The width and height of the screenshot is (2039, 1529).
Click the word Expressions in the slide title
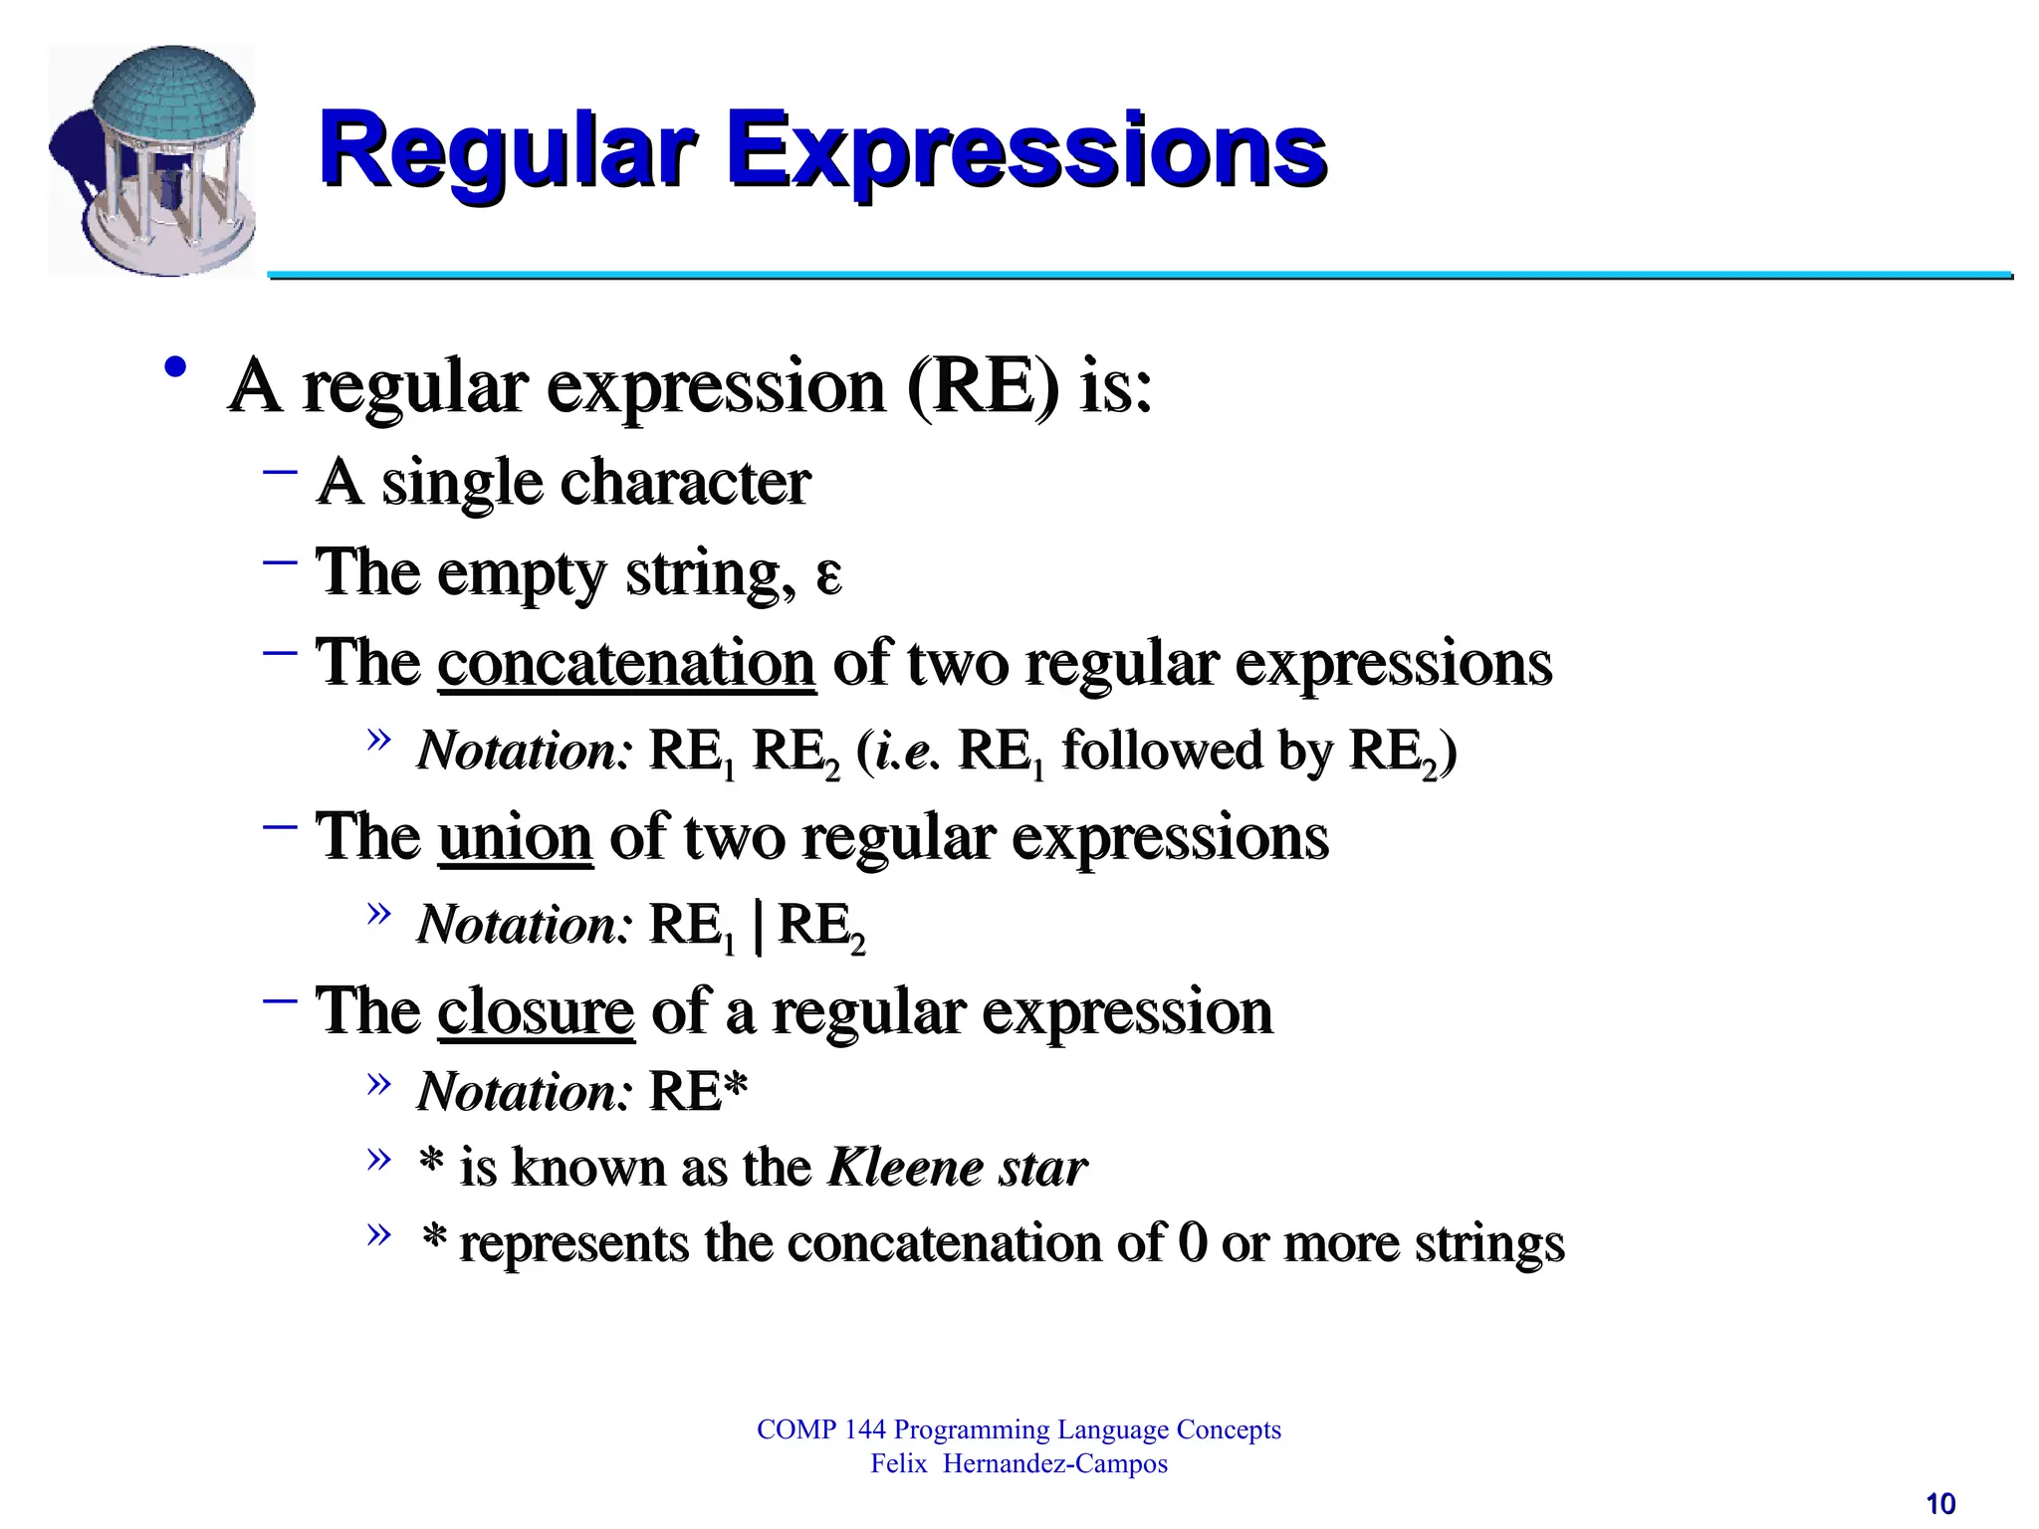click(1026, 151)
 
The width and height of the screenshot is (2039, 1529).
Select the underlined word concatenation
click(626, 663)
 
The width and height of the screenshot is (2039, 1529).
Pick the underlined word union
click(515, 837)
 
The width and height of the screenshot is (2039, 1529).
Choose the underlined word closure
click(536, 1011)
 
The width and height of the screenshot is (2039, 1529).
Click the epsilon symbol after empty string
click(828, 575)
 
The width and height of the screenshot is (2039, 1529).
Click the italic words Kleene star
click(958, 1167)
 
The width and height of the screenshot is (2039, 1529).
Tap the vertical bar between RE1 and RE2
click(760, 926)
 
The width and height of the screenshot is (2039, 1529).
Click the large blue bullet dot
click(176, 367)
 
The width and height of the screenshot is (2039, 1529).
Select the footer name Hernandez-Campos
click(1055, 1464)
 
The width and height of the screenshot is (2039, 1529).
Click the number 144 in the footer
click(864, 1429)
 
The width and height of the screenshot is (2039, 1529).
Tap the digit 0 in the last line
click(1192, 1242)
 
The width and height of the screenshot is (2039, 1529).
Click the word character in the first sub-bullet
click(686, 483)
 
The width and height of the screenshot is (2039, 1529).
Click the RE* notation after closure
click(697, 1092)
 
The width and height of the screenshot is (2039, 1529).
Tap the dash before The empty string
click(281, 561)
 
